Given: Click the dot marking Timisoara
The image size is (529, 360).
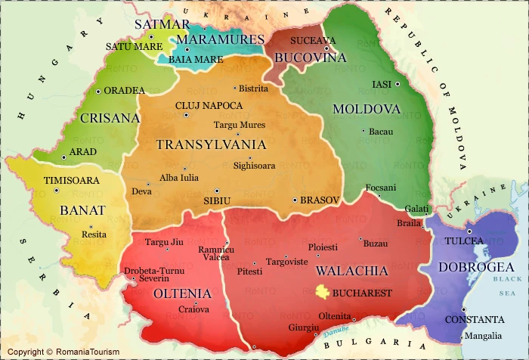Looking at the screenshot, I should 57,191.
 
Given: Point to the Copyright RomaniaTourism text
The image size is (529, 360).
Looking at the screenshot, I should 53,352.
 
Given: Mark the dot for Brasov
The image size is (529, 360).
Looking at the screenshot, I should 295,200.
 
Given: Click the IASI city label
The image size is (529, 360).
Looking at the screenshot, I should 384,84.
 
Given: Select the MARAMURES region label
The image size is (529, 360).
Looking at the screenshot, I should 220,39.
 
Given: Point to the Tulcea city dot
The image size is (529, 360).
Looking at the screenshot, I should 469,231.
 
